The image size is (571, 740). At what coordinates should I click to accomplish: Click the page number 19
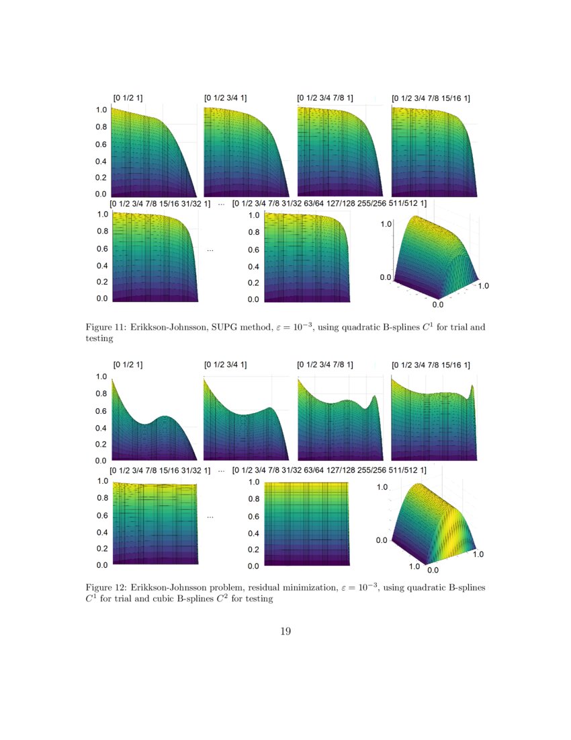click(285, 631)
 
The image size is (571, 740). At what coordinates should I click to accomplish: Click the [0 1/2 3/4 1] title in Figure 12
click(226, 365)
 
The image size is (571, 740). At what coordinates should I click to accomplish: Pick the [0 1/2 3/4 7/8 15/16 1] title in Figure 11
click(431, 98)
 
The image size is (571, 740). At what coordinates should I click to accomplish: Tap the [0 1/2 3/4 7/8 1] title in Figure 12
click(325, 365)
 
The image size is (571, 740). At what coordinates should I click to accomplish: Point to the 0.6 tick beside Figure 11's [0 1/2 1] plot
click(101, 145)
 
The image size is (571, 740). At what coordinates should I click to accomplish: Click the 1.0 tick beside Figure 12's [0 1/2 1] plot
click(101, 377)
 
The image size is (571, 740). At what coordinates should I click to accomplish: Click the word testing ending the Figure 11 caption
click(99, 339)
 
